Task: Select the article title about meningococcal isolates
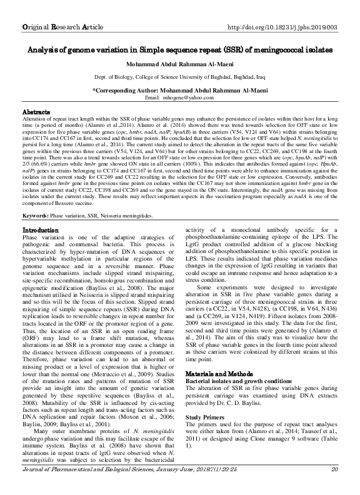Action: tap(180, 49)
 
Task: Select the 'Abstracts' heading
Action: tap(36, 111)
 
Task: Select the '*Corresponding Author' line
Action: tap(179, 91)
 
